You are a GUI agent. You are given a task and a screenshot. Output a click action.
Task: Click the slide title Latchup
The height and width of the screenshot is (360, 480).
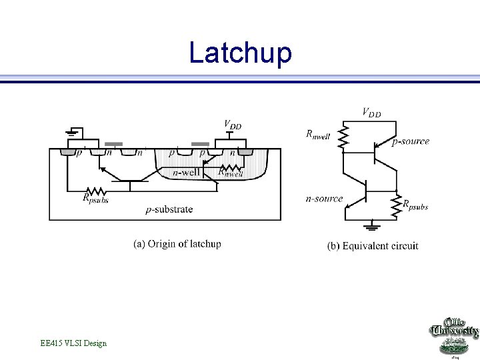click(x=240, y=53)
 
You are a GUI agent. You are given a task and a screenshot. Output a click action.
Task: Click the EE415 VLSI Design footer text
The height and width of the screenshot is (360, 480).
click(x=73, y=343)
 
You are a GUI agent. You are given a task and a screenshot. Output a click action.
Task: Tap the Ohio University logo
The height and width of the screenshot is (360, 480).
click(x=455, y=337)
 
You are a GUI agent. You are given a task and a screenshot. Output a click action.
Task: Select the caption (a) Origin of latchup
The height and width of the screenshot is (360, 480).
click(x=177, y=243)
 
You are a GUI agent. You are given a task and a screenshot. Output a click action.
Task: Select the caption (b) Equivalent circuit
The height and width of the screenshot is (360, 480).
click(x=373, y=246)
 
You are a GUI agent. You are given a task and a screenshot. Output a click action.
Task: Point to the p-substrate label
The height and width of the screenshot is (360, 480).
click(x=169, y=209)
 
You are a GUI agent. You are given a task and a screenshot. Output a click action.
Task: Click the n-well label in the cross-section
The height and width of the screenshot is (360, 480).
click(x=186, y=173)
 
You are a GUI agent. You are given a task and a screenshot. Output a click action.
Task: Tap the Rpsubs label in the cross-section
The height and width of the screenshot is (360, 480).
click(x=95, y=197)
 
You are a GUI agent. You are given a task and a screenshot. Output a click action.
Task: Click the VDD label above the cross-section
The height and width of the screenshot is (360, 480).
click(x=232, y=125)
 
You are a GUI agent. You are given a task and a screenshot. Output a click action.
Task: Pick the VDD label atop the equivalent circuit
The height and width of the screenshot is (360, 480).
click(x=371, y=112)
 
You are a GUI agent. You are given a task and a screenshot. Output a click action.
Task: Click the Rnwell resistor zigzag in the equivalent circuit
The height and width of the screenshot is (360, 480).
click(x=343, y=139)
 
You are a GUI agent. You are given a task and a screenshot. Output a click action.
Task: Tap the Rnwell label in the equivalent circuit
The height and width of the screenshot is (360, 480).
click(x=318, y=134)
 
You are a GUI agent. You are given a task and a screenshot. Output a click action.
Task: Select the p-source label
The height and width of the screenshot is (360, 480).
click(x=411, y=141)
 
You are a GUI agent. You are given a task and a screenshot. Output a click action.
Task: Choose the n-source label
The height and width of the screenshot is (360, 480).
click(x=324, y=199)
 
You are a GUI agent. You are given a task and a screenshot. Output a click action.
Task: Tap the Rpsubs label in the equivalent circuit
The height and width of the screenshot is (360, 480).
click(x=415, y=205)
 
